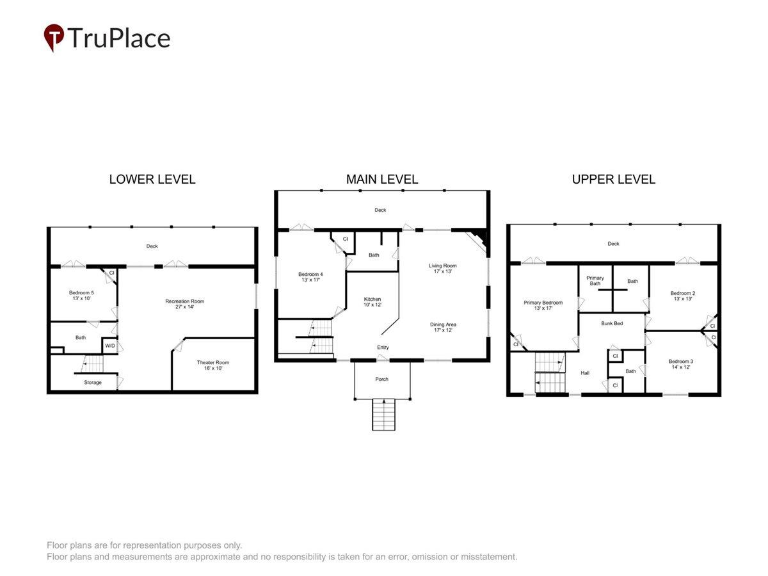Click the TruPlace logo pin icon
(x=54, y=37)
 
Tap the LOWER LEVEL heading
(x=152, y=179)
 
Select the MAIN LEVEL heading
(x=381, y=179)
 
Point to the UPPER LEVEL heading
(x=613, y=179)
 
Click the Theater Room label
(x=212, y=365)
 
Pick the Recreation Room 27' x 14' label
(x=185, y=304)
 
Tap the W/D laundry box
(x=110, y=346)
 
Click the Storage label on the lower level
(x=93, y=382)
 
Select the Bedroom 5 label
(x=81, y=296)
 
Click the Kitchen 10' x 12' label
(x=372, y=302)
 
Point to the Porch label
(x=381, y=379)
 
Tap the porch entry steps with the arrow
(x=384, y=414)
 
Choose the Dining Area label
(x=443, y=327)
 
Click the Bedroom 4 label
(x=310, y=277)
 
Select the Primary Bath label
(x=595, y=280)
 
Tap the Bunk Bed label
(x=612, y=323)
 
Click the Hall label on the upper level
(x=585, y=373)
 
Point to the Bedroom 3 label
(x=680, y=364)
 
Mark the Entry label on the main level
(x=383, y=348)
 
